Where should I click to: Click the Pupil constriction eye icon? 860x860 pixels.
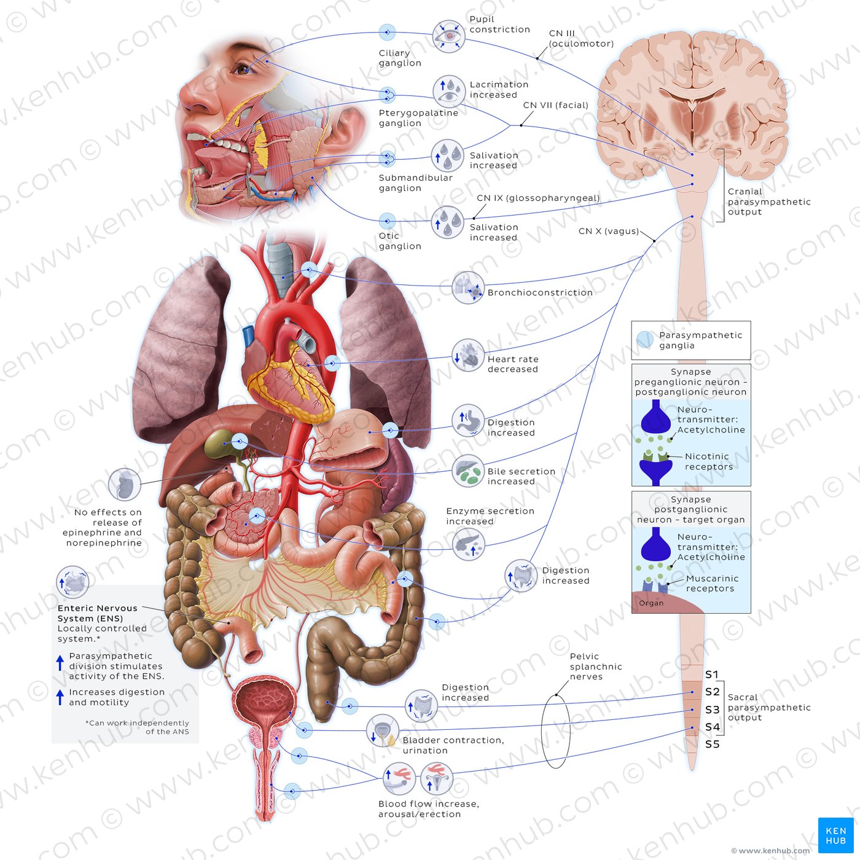(448, 36)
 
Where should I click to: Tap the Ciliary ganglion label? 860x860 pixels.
(400, 58)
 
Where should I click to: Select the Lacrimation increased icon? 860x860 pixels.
(448, 91)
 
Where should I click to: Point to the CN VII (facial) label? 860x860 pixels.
(556, 105)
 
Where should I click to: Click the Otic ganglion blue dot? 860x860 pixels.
(387, 221)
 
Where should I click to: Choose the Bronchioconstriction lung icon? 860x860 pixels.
(468, 287)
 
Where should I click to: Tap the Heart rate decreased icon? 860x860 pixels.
(468, 356)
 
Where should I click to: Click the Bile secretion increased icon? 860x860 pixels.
(468, 471)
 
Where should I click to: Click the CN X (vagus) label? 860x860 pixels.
(609, 231)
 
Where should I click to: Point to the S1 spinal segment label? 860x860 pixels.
(712, 674)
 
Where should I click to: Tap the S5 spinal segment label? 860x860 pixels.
(713, 744)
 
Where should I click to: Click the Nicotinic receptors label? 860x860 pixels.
(709, 461)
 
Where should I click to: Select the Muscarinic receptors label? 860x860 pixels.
(712, 584)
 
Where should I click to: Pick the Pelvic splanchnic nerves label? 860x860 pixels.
(596, 666)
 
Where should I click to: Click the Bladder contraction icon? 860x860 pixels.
(383, 730)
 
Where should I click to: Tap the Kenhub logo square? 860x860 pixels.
(836, 835)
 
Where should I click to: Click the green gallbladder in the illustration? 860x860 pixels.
(218, 442)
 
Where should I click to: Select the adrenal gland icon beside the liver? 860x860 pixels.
(125, 485)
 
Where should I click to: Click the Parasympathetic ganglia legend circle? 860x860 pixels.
(645, 340)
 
